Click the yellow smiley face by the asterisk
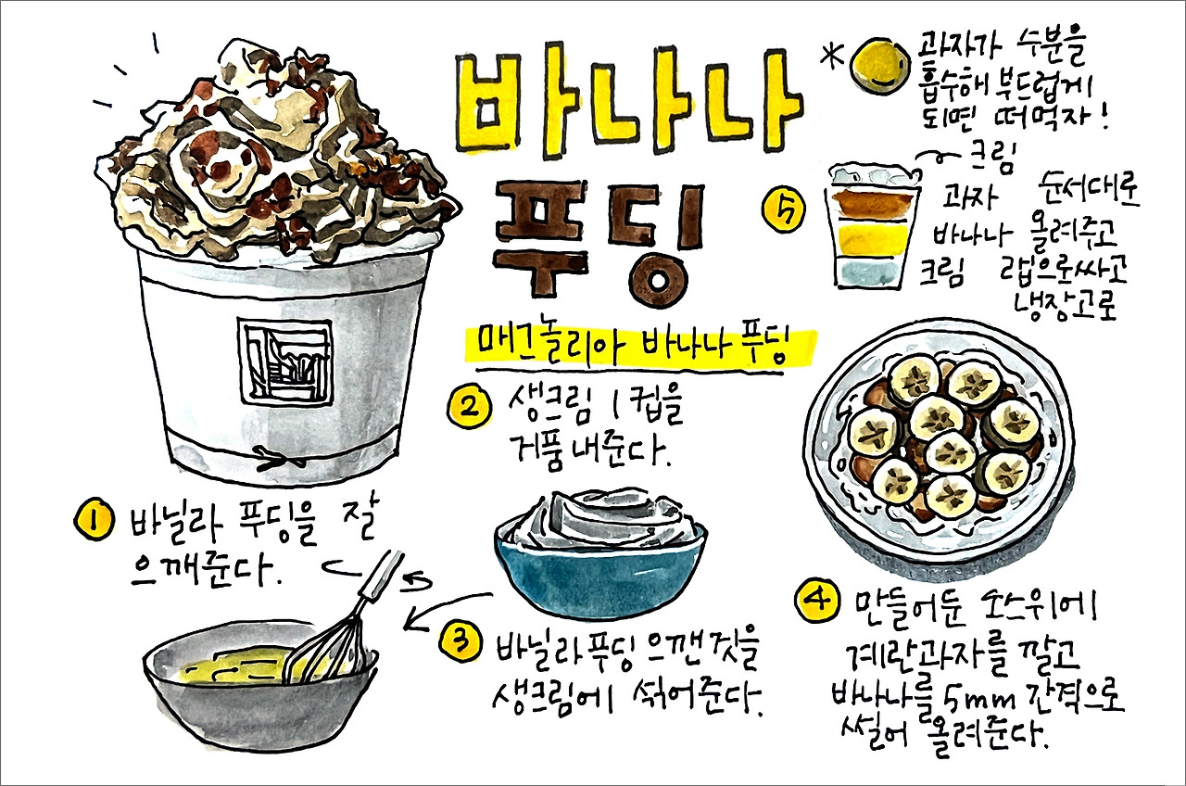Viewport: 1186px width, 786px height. tap(877, 66)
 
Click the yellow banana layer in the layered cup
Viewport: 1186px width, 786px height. tap(869, 239)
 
